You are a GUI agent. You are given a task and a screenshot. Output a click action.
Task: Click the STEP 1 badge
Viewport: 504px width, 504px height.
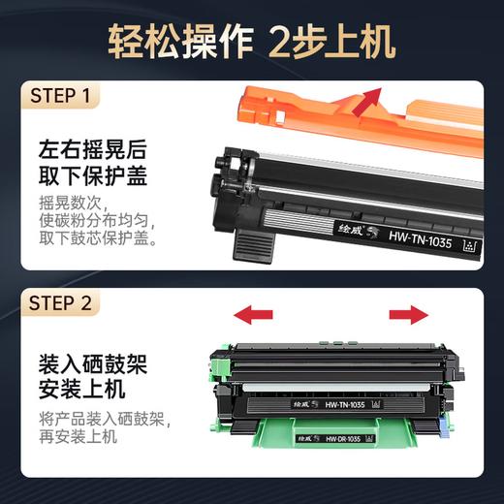pyautogui.click(x=60, y=97)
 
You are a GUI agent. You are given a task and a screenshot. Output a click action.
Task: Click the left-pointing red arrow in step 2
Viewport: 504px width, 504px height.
pyautogui.click(x=253, y=315)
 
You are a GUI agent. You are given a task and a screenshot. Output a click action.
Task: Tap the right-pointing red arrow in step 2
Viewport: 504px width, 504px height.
pyautogui.click(x=407, y=315)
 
